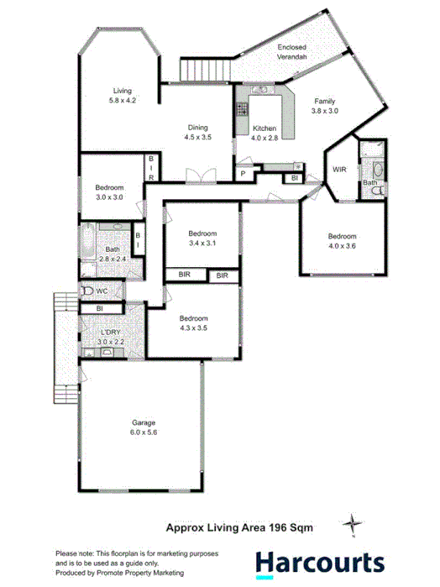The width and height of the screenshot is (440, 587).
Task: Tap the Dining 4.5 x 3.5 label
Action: tap(198, 133)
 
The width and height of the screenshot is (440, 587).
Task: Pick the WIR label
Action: tap(338, 170)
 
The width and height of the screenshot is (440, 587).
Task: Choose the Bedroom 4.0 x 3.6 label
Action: tap(342, 241)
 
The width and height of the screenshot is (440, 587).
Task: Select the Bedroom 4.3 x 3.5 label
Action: tap(194, 323)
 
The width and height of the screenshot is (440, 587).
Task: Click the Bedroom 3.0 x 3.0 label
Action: tap(109, 191)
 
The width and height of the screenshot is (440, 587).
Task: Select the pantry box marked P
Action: tap(244, 175)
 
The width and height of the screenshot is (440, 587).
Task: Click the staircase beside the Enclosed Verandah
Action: tap(204, 70)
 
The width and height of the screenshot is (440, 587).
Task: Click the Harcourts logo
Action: tap(319, 562)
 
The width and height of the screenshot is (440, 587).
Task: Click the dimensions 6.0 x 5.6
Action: tap(144, 432)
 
